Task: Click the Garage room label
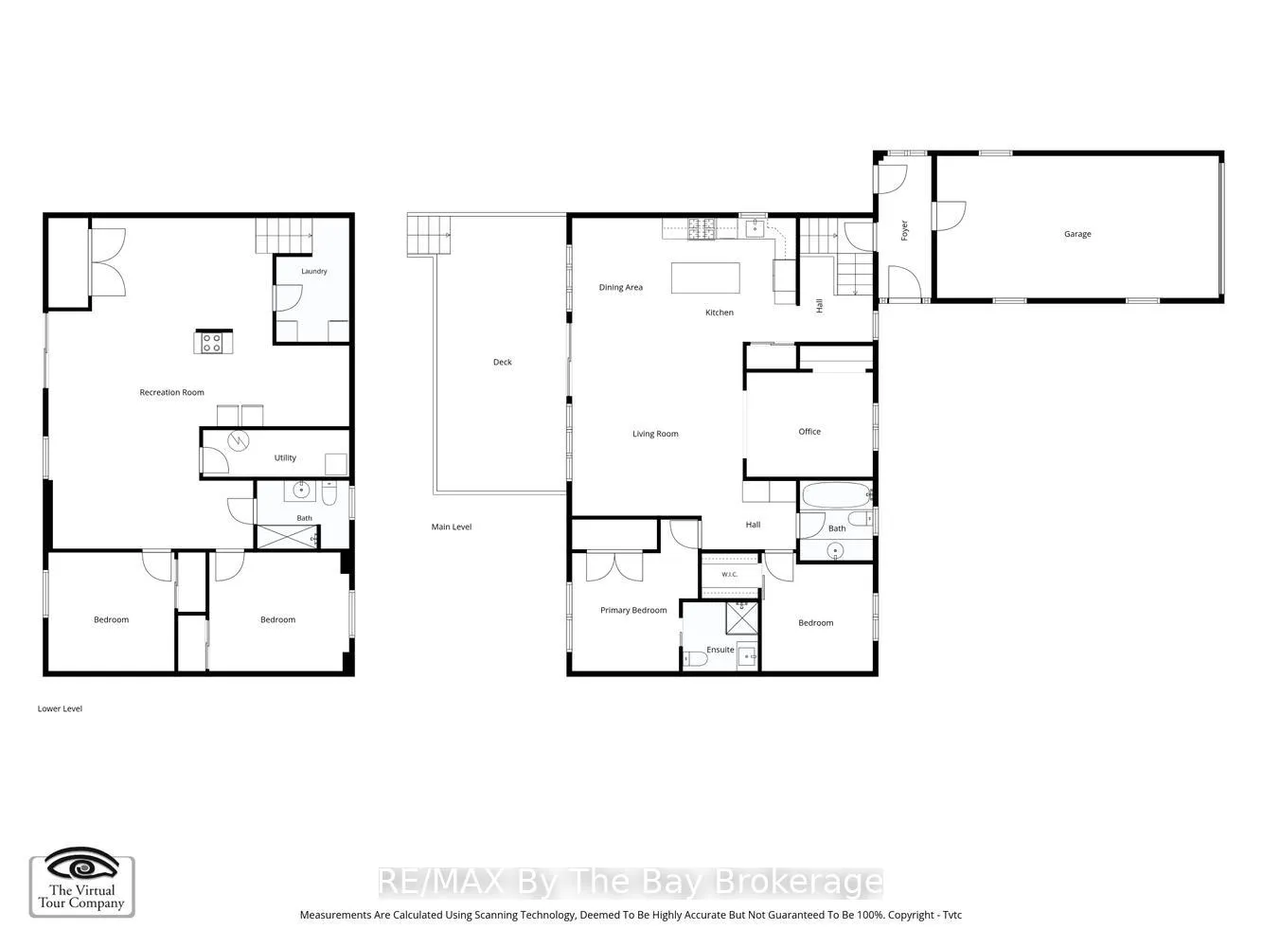click(1076, 234)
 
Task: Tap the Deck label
click(502, 362)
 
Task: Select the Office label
click(809, 431)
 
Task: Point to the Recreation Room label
click(171, 392)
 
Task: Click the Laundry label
click(314, 271)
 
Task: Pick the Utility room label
click(285, 457)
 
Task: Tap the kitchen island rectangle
click(705, 277)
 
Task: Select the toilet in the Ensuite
click(695, 658)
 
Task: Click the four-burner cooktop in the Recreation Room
click(212, 343)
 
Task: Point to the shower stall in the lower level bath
click(287, 536)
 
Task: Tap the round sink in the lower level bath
click(301, 490)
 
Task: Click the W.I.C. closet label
click(729, 575)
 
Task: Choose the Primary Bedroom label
click(633, 610)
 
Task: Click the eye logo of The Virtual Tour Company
click(81, 866)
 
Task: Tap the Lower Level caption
click(60, 708)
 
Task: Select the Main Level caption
click(452, 527)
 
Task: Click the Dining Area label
click(620, 287)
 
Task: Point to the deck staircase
click(429, 234)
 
